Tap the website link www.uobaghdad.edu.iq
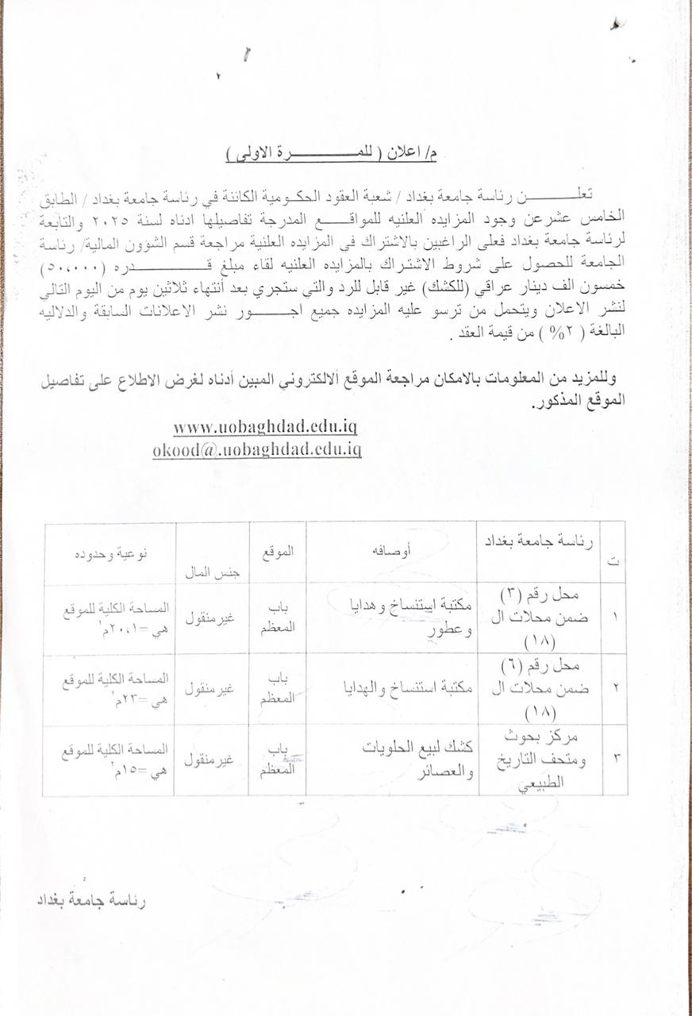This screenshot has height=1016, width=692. [265, 427]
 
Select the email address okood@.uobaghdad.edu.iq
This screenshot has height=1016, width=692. [258, 449]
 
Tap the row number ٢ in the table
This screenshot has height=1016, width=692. [615, 689]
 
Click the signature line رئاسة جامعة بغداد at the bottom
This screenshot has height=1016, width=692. [92, 901]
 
